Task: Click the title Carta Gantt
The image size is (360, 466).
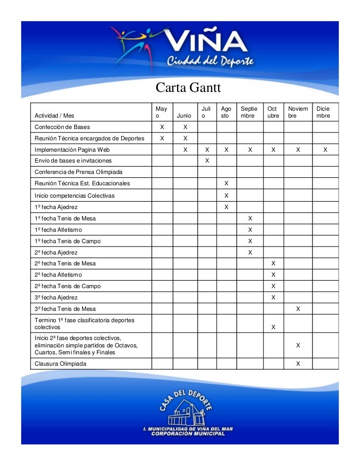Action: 187,88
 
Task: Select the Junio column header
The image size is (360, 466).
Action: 183,116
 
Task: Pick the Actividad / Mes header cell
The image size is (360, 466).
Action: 54,116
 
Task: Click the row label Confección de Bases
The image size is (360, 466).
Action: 62,127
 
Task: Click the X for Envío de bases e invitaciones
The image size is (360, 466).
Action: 207,161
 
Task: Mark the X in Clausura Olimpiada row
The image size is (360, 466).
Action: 298,364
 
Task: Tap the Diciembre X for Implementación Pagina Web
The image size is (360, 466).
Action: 325,149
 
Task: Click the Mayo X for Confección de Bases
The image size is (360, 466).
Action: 162,127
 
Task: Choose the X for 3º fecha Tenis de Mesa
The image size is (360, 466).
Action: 298,309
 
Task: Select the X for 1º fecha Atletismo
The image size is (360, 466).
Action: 250,230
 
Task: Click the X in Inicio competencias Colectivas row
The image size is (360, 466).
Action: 226,196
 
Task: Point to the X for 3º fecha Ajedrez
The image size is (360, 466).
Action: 273,297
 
